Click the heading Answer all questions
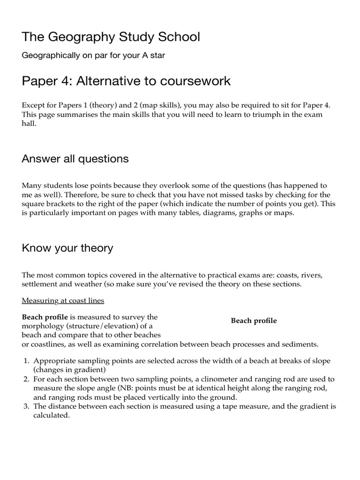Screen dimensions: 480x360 tap(75, 158)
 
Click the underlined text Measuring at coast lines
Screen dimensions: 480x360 tap(63, 300)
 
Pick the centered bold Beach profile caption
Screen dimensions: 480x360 tap(254, 321)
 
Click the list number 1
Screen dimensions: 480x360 tap(26, 361)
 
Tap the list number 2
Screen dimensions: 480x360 tap(26, 379)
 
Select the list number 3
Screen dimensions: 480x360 tap(26, 406)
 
